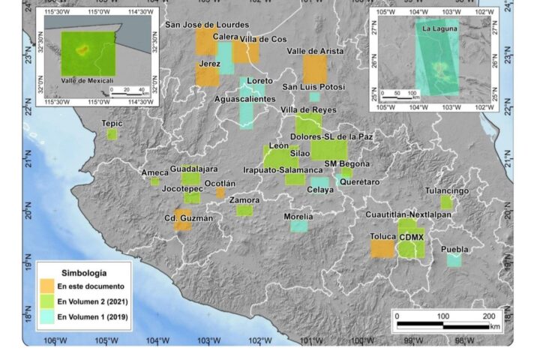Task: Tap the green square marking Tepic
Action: (x=112, y=134)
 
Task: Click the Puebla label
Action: (x=454, y=249)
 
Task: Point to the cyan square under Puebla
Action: (x=454, y=260)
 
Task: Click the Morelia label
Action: (x=298, y=217)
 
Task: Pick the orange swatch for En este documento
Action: (x=47, y=286)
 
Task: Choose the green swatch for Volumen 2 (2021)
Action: (x=47, y=301)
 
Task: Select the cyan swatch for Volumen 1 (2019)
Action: (x=47, y=316)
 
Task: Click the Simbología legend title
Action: (x=82, y=273)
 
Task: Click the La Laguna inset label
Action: (x=439, y=28)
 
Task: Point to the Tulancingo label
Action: (x=447, y=190)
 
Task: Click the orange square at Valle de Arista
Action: (x=315, y=70)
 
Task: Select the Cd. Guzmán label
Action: (x=189, y=218)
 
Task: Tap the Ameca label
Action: (x=155, y=172)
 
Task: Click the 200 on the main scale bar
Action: (x=489, y=316)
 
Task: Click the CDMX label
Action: (x=412, y=237)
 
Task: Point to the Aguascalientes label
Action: (x=245, y=99)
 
